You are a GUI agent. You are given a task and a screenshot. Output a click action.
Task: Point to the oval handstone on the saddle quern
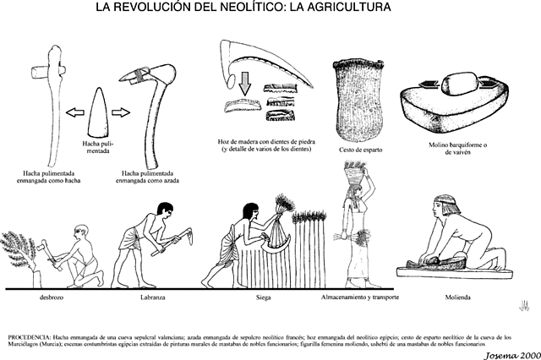(456, 85)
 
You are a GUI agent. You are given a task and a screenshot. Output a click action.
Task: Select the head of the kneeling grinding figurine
(445, 208)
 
